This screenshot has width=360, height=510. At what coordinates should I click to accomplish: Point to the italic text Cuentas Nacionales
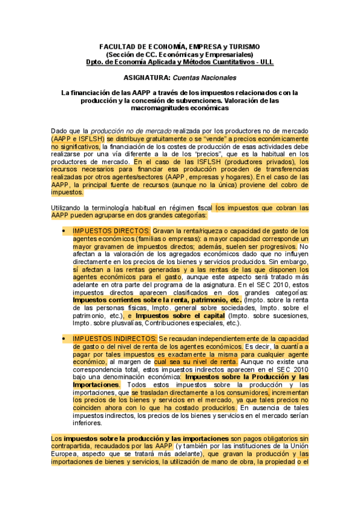(x=204, y=78)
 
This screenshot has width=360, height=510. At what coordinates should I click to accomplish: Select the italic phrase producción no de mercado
(x=131, y=131)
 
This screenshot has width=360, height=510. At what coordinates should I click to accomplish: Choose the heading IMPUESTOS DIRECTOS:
(x=111, y=231)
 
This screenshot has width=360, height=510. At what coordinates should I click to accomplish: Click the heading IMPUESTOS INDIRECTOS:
(x=115, y=339)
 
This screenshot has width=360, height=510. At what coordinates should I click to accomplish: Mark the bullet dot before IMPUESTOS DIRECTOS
(x=64, y=231)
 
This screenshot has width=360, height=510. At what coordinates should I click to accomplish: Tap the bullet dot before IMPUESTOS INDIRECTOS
(x=64, y=339)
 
